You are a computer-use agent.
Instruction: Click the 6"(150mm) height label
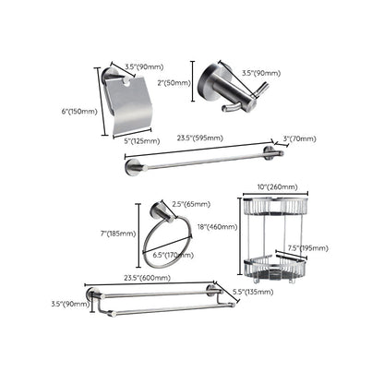click(78, 112)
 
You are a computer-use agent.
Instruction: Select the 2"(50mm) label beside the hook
click(175, 83)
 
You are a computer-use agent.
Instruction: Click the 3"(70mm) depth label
click(299, 138)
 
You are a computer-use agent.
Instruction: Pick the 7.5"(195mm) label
click(306, 247)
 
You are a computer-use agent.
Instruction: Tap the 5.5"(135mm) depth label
click(250, 293)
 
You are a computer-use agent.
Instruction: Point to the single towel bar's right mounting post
click(270, 152)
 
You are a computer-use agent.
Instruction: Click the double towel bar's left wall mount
click(93, 295)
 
